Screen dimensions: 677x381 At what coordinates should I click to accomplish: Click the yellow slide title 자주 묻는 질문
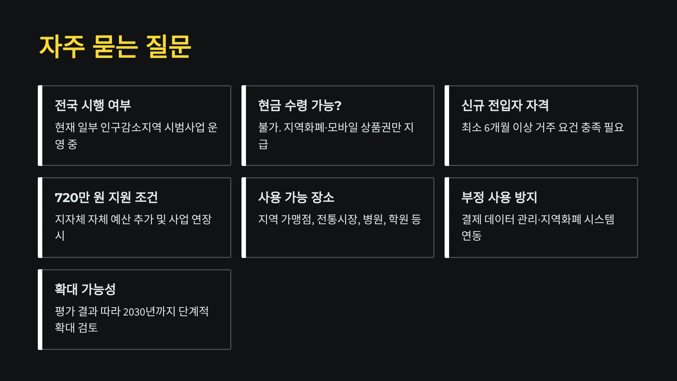click(x=115, y=47)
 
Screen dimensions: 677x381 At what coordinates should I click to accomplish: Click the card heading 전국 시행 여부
click(x=93, y=105)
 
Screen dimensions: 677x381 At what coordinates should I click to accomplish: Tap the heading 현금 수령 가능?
click(x=300, y=105)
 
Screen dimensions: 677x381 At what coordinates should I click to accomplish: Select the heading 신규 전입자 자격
click(x=505, y=105)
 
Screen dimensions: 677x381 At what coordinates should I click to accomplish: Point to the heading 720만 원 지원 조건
click(x=106, y=197)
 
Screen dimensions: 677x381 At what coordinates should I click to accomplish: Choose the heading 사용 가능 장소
click(x=296, y=197)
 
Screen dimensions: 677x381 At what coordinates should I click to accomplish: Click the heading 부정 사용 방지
click(x=499, y=197)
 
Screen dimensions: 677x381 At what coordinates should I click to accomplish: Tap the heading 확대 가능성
click(x=85, y=289)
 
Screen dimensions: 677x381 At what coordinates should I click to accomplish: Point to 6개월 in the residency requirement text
click(x=497, y=128)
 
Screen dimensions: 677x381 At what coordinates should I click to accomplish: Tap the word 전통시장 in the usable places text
click(x=338, y=220)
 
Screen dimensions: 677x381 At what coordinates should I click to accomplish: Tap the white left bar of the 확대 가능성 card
click(x=40, y=310)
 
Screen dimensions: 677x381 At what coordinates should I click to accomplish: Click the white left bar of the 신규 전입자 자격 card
click(x=447, y=126)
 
